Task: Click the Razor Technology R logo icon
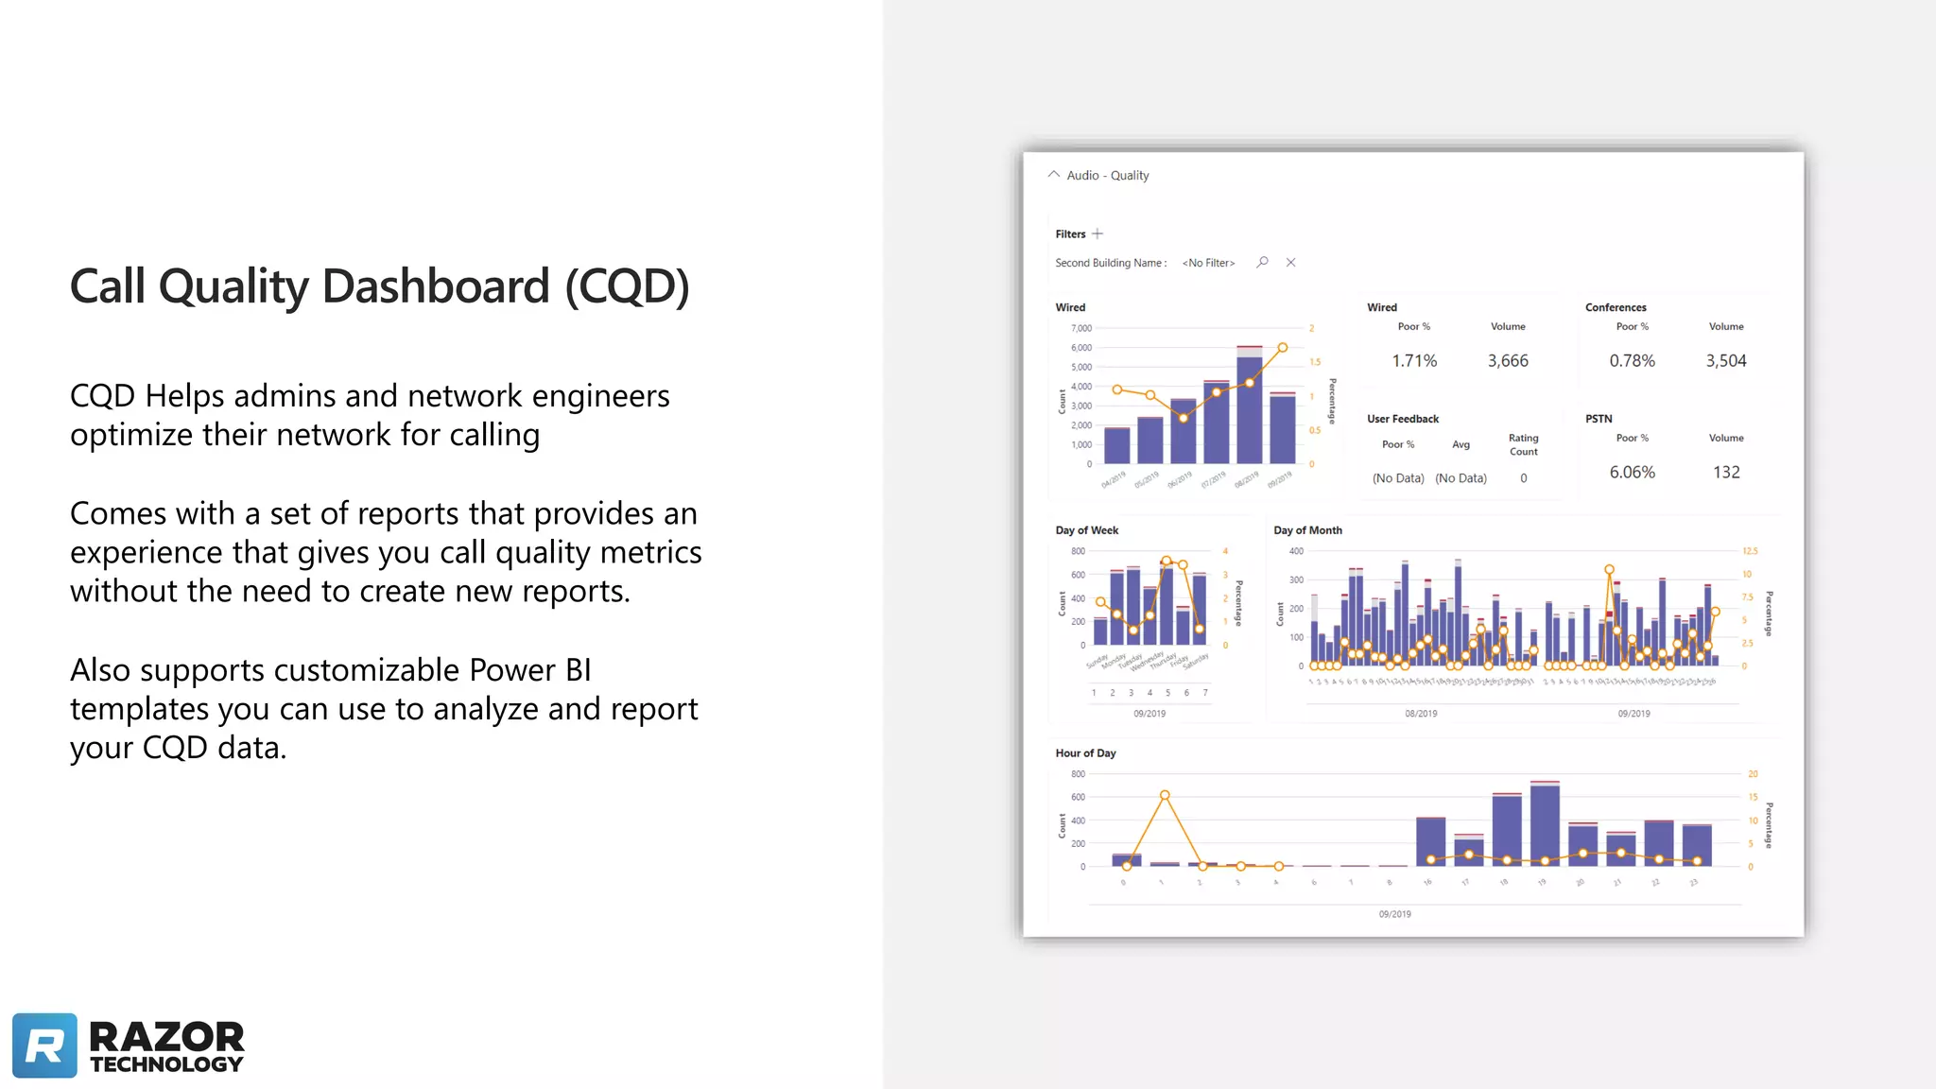pyautogui.click(x=44, y=1046)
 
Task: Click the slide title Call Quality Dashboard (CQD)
pyautogui.click(x=379, y=286)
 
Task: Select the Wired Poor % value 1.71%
pyautogui.click(x=1414, y=361)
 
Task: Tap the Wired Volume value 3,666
pyautogui.click(x=1508, y=361)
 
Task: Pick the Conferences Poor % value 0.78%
pyautogui.click(x=1632, y=361)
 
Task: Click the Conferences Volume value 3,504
pyautogui.click(x=1725, y=361)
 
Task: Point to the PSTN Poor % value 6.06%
pyautogui.click(x=1632, y=473)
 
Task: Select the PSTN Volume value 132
pyautogui.click(x=1726, y=473)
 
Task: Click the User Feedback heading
pyautogui.click(x=1403, y=419)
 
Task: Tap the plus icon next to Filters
pyautogui.click(x=1098, y=233)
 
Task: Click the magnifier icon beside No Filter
pyautogui.click(x=1262, y=262)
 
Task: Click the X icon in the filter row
pyautogui.click(x=1290, y=262)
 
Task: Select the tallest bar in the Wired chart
pyautogui.click(x=1249, y=406)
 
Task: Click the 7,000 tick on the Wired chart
pyautogui.click(x=1080, y=328)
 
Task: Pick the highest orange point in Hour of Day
pyautogui.click(x=1165, y=795)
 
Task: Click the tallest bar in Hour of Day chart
pyautogui.click(x=1545, y=824)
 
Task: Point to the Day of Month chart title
pyautogui.click(x=1307, y=530)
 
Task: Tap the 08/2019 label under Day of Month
pyautogui.click(x=1421, y=714)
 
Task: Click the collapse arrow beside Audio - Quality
pyautogui.click(x=1053, y=175)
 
